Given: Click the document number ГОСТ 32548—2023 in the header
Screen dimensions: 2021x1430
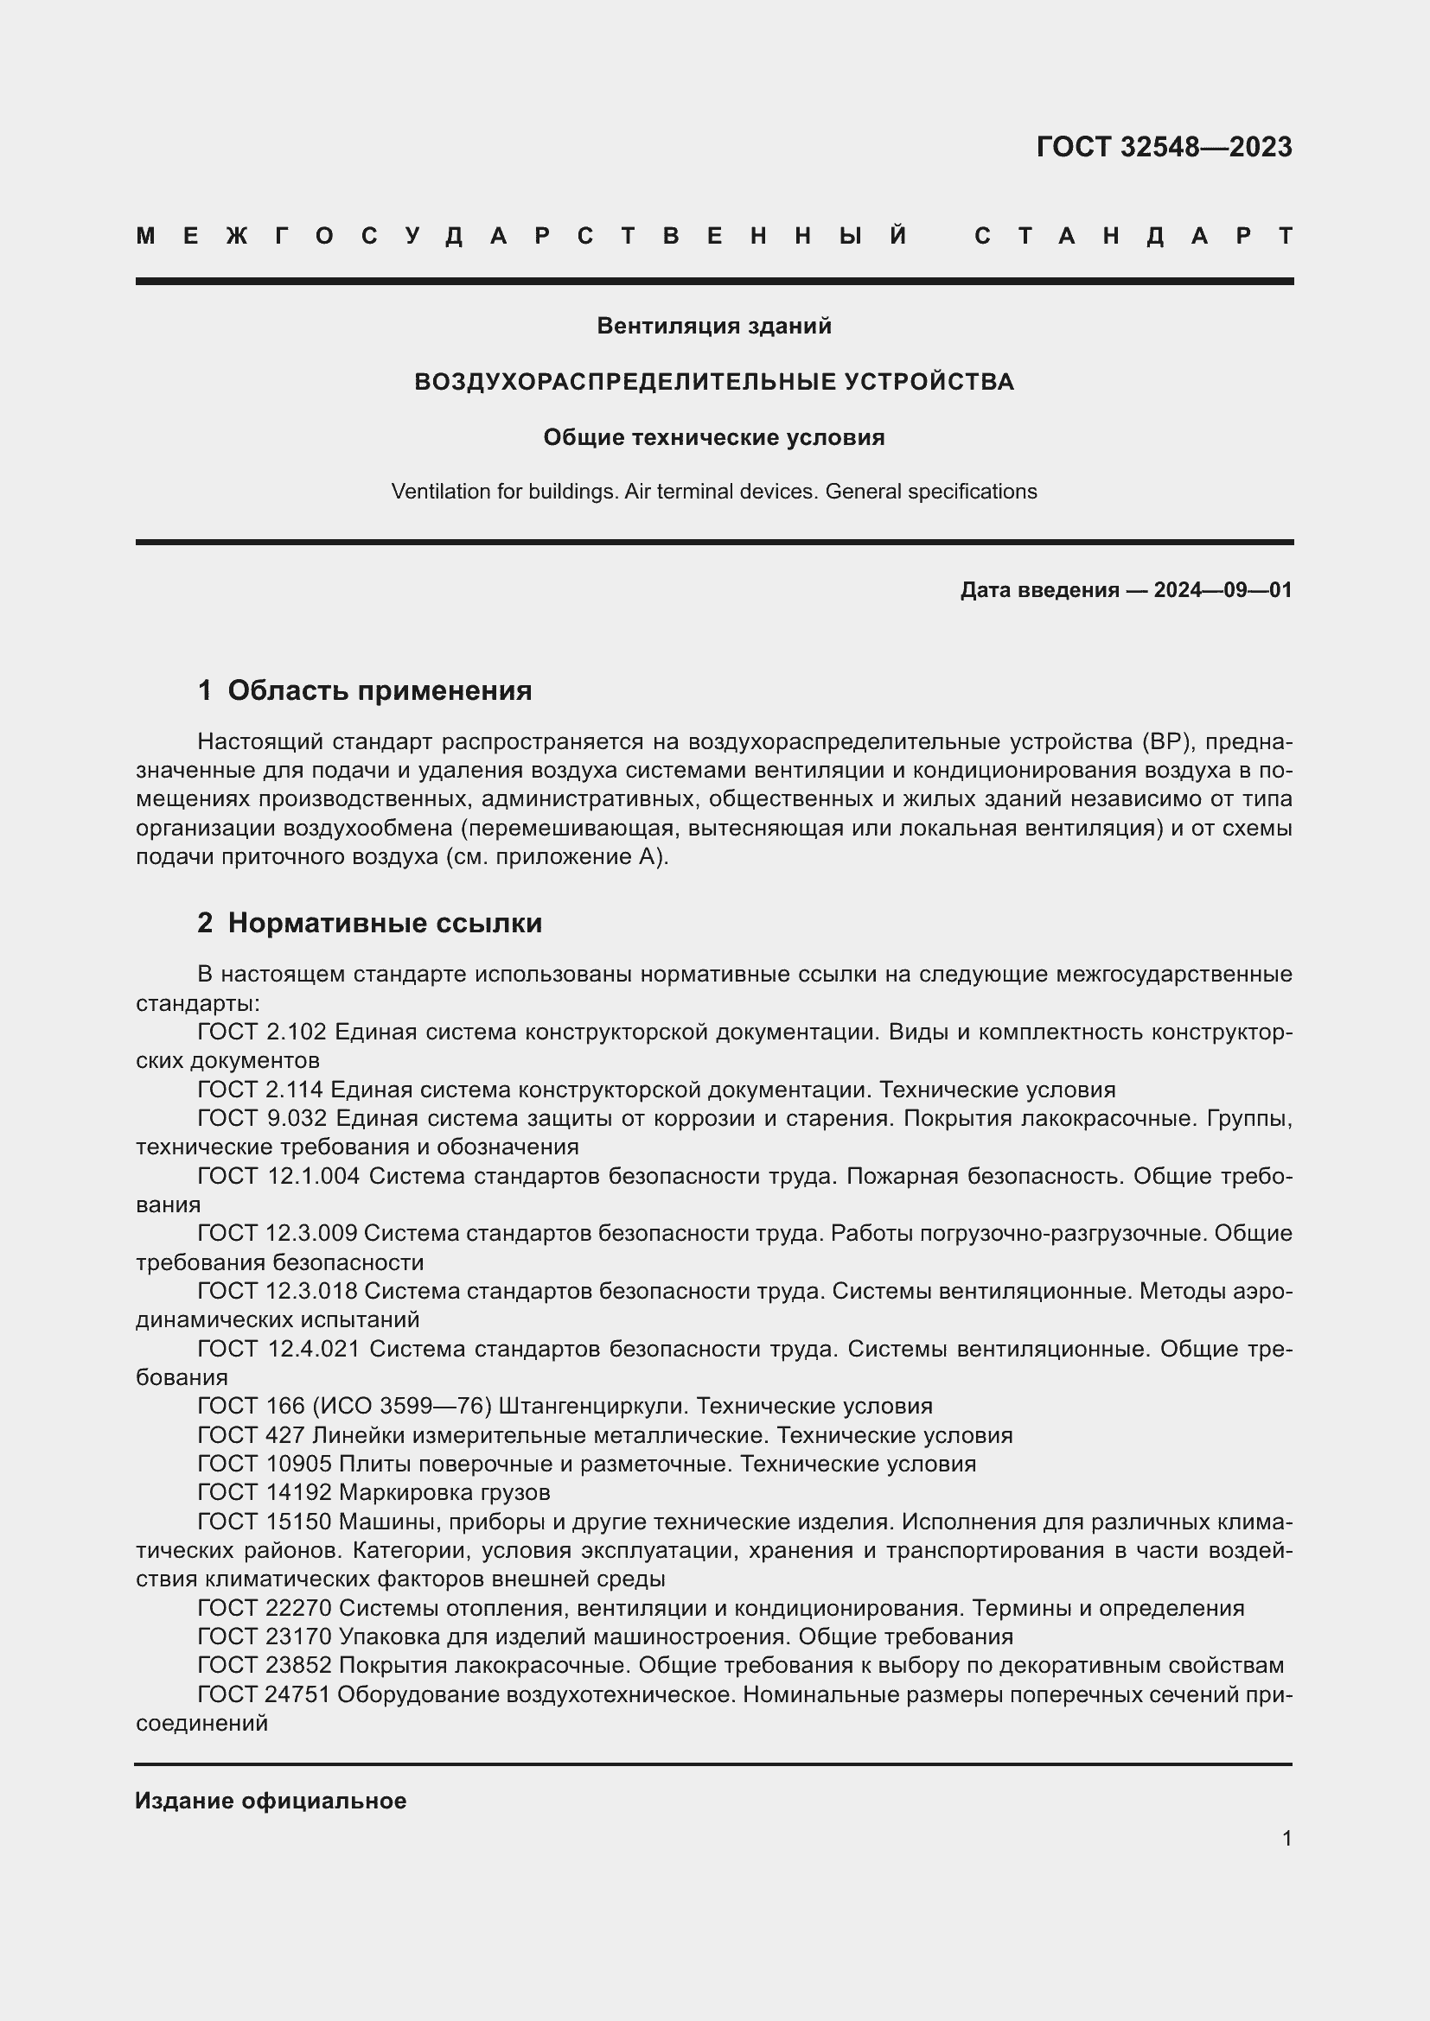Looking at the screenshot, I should [x=1163, y=147].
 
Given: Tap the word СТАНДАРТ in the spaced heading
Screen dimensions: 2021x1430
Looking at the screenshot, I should [x=1133, y=236].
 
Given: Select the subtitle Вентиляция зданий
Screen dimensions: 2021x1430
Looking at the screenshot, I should [x=714, y=326].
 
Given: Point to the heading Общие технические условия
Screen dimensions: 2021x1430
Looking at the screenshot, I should [x=714, y=437].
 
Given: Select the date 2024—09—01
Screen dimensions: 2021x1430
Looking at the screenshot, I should [x=1223, y=590].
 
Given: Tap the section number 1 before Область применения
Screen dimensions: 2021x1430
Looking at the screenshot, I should [x=204, y=691].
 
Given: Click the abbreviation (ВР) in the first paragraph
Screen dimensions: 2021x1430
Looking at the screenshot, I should [x=1167, y=742].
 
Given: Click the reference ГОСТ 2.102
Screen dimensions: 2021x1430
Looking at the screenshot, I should [x=261, y=1032].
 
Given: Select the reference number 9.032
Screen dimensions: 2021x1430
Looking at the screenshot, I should [x=296, y=1119].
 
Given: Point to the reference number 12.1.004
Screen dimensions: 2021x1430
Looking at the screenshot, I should [x=313, y=1176].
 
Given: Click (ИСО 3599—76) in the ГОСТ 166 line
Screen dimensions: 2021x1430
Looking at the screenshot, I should [x=400, y=1407].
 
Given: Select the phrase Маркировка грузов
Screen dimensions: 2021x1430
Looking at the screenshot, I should [x=444, y=1493].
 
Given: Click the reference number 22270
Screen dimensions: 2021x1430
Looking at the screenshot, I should [x=297, y=1608].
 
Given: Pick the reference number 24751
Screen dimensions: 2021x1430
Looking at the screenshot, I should [x=297, y=1694].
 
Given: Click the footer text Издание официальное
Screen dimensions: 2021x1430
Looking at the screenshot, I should [x=271, y=1801].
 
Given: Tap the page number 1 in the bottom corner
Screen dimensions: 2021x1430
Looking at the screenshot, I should [x=1286, y=1839].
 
